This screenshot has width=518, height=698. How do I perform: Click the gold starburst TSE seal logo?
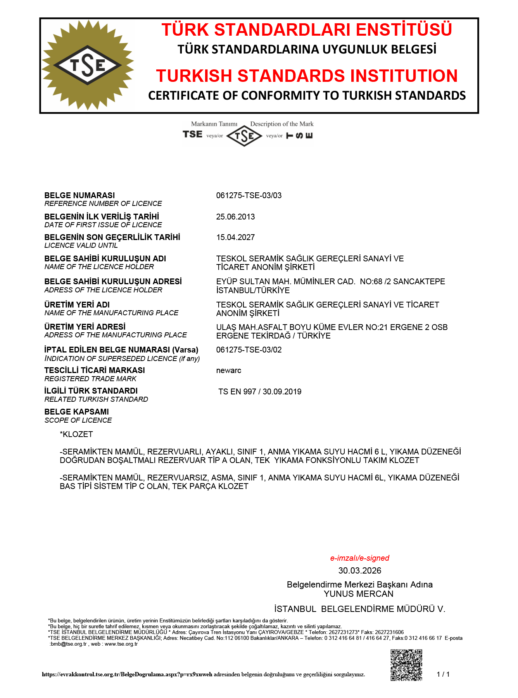88,65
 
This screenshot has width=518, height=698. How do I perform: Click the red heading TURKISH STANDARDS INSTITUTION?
307,76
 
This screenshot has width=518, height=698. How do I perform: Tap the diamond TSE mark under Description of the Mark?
244,136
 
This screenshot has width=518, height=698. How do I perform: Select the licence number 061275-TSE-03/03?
249,195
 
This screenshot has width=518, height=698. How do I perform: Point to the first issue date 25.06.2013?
235,217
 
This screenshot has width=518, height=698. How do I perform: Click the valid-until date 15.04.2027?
235,237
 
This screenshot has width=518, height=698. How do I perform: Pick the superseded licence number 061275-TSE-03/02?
249,350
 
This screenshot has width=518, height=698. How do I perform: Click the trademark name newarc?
229,370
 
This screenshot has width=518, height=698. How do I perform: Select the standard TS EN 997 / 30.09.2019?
260,392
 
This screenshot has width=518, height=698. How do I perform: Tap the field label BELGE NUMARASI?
79,195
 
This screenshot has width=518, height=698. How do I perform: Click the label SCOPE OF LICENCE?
78,420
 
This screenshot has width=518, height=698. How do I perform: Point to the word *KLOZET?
76,434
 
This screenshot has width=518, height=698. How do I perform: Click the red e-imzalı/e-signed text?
359,558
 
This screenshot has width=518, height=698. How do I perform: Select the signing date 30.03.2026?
359,570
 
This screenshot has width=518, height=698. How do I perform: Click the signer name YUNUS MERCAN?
359,594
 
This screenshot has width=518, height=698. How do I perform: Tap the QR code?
406,665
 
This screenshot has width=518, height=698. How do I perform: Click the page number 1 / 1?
443,674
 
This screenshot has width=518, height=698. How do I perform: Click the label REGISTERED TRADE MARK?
90,379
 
